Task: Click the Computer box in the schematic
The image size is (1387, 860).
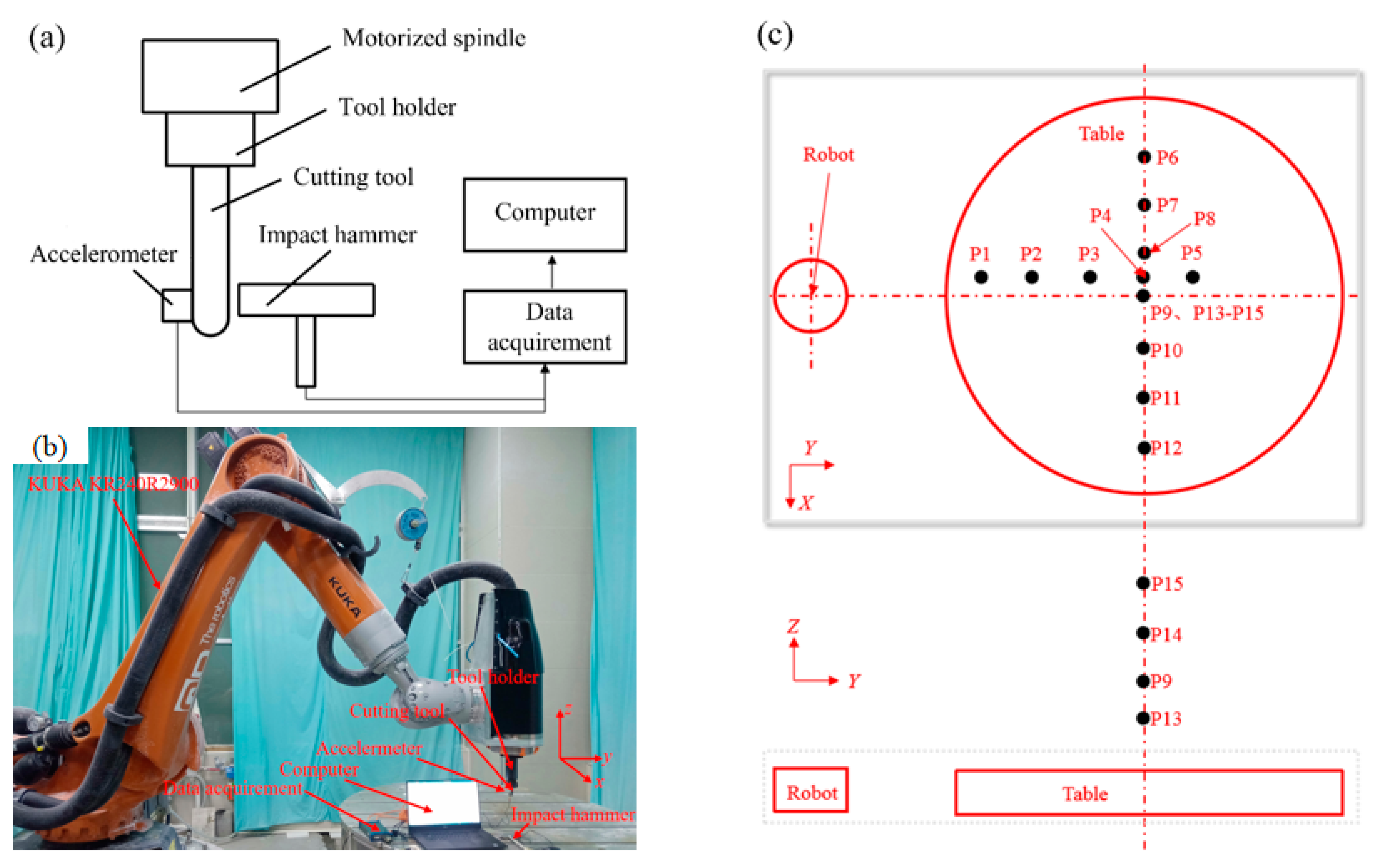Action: tap(544, 214)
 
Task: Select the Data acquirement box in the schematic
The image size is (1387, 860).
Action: tap(544, 327)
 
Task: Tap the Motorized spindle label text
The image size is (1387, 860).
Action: tap(433, 38)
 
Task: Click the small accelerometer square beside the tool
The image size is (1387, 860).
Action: tap(176, 306)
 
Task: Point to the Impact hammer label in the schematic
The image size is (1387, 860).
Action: tap(337, 234)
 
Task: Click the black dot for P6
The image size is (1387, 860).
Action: tap(1144, 157)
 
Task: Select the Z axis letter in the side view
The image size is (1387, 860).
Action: tap(793, 627)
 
